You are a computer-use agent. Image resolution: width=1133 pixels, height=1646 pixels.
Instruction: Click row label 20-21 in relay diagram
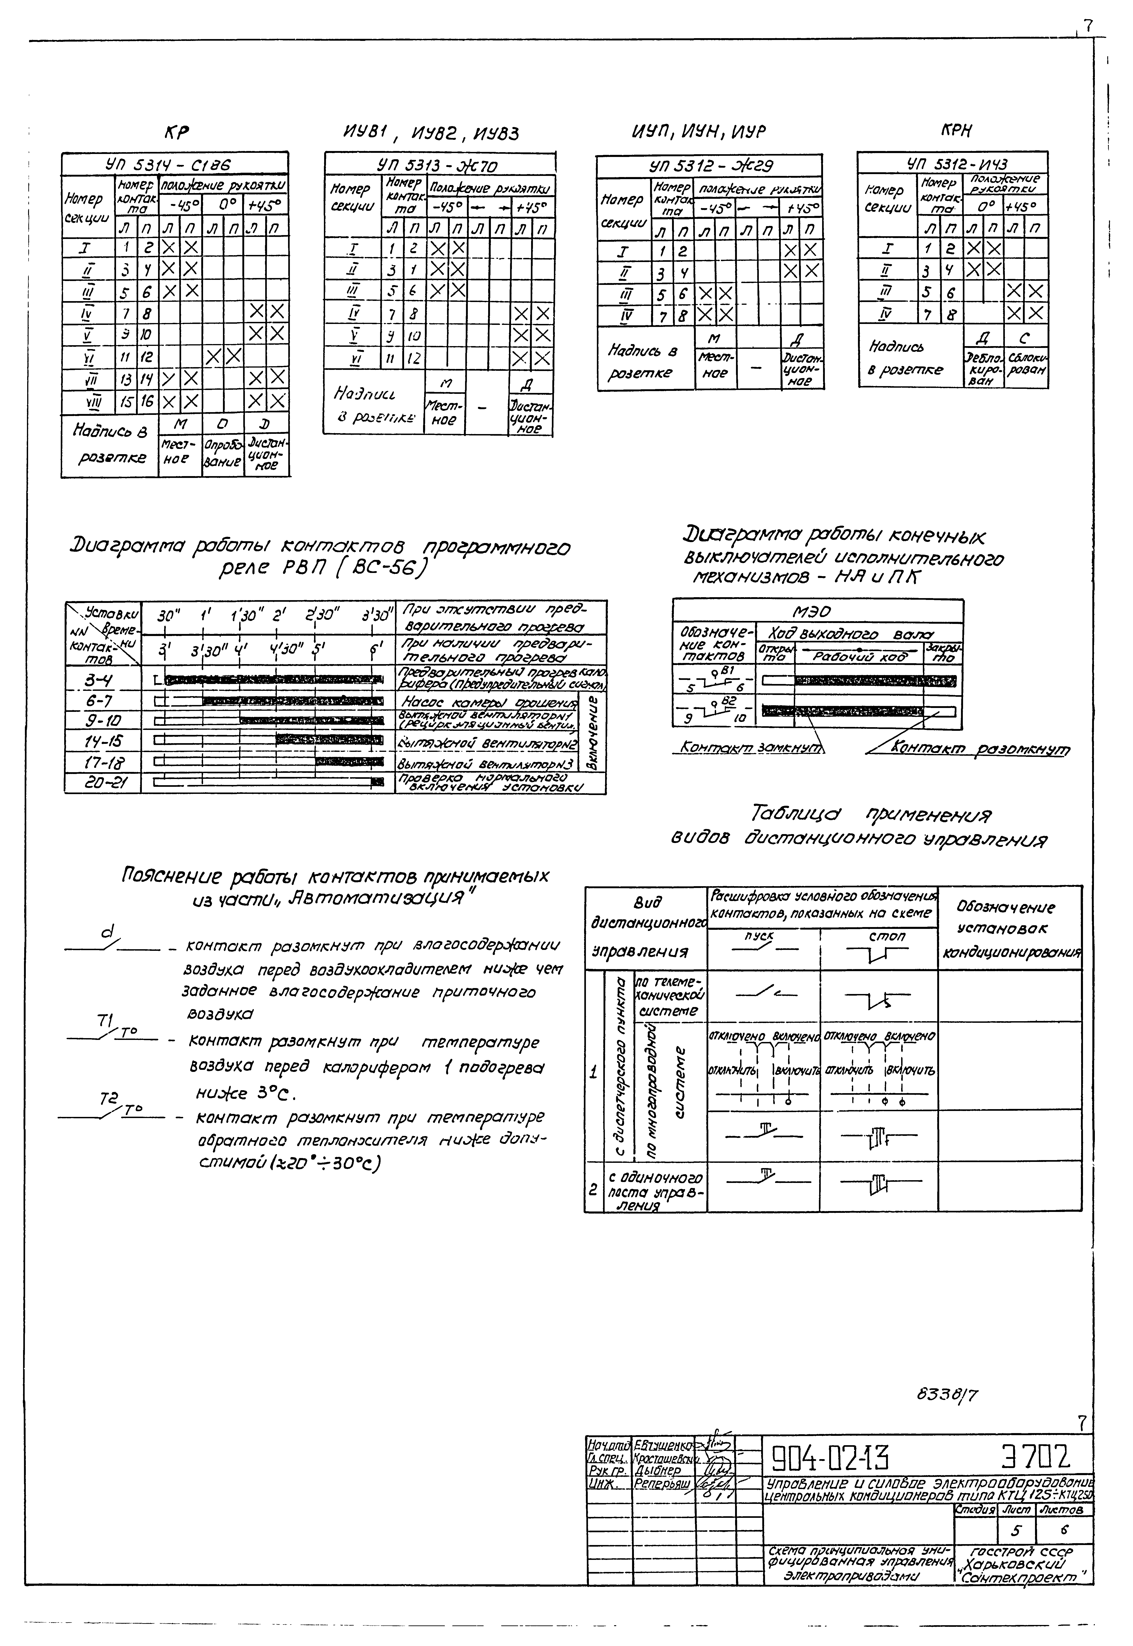102,784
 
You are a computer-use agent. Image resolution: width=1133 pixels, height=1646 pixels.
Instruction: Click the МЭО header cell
818,611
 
